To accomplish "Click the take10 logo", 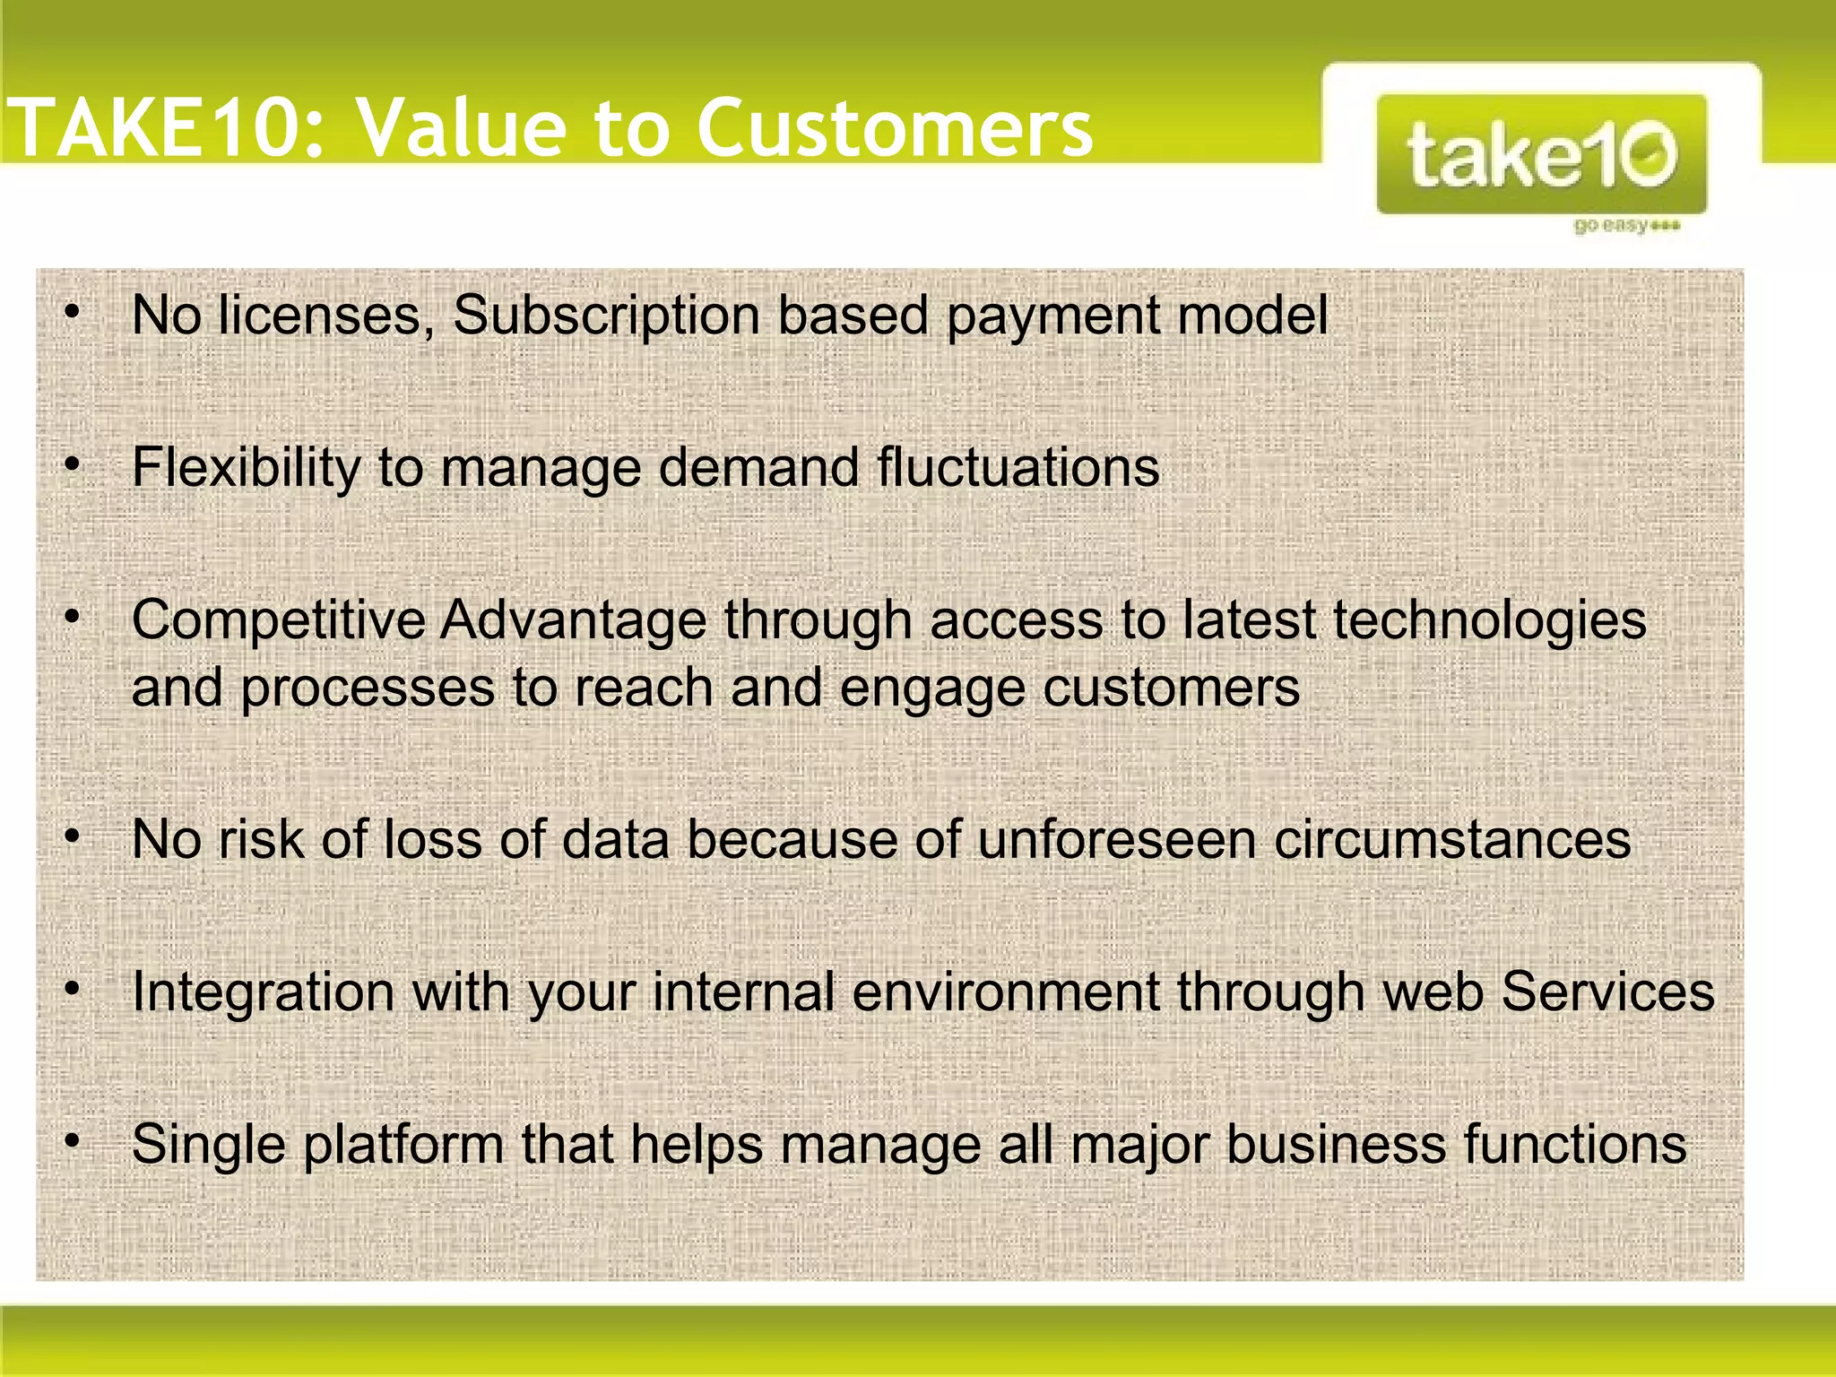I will [1541, 154].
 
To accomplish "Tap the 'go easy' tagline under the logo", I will [1625, 225].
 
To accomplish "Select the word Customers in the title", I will [894, 128].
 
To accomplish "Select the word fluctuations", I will [1018, 468].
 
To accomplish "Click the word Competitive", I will [278, 620].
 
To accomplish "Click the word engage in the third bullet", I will [932, 688].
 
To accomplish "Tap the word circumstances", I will [1452, 840].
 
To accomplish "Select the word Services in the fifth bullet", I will [1607, 992].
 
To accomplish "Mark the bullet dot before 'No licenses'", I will [73, 313].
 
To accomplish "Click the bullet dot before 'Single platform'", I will [73, 1142].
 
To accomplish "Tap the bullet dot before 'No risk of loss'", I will [73, 837].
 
